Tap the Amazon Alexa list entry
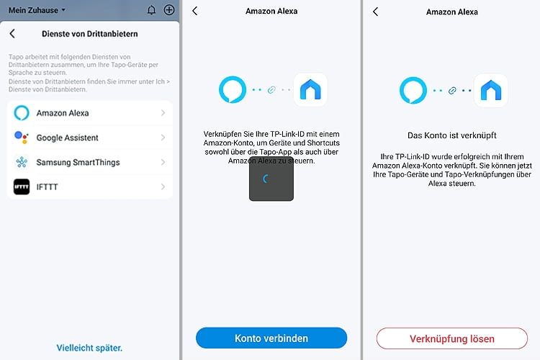point(90,113)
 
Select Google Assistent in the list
point(90,138)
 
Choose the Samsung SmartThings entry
point(90,162)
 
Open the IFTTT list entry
point(90,187)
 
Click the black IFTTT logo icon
point(22,187)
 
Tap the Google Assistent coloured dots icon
point(22,138)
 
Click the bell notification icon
point(151,10)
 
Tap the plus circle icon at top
point(169,10)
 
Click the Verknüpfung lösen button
point(451,338)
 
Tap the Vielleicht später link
point(89,348)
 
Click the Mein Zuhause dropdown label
point(37,10)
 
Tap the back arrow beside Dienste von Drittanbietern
point(12,33)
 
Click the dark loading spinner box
point(271,179)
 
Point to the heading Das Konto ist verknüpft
point(451,135)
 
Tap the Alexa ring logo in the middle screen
point(233,90)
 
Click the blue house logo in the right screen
point(491,91)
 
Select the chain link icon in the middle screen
point(271,90)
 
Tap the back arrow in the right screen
point(375,12)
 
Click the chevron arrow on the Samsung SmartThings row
point(163,162)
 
